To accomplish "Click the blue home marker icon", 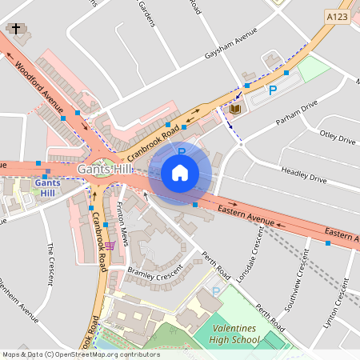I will [x=180, y=172].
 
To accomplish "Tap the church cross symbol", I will [x=14, y=29].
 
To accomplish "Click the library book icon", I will [x=235, y=108].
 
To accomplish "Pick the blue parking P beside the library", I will [x=272, y=92].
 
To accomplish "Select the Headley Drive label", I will [x=303, y=174].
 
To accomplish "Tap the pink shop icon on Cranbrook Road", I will [x=110, y=245].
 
